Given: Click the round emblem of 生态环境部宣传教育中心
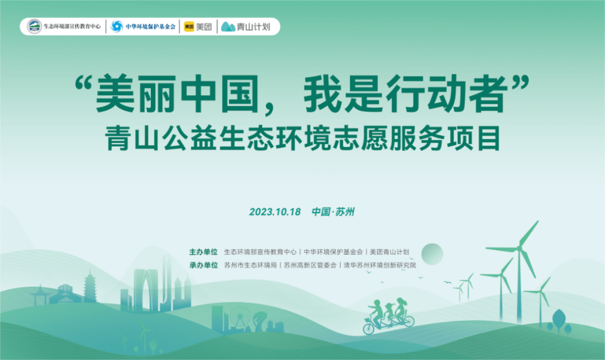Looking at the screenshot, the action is click(34, 26).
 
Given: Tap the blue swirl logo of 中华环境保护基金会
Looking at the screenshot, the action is click(117, 26).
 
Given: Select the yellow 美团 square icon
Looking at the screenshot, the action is click(189, 26).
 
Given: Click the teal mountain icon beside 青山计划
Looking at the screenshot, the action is click(228, 27).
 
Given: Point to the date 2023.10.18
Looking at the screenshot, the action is click(274, 212).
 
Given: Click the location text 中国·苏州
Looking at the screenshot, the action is click(333, 212).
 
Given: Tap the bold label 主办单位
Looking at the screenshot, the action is click(203, 252).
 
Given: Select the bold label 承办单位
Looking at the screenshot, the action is click(203, 265).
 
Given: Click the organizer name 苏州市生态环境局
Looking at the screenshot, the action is click(250, 265).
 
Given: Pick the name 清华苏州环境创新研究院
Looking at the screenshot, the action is click(380, 265).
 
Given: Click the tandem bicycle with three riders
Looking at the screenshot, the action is click(389, 317).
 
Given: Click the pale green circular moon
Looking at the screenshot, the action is click(432, 254).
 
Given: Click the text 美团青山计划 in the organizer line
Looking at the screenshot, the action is click(389, 252).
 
